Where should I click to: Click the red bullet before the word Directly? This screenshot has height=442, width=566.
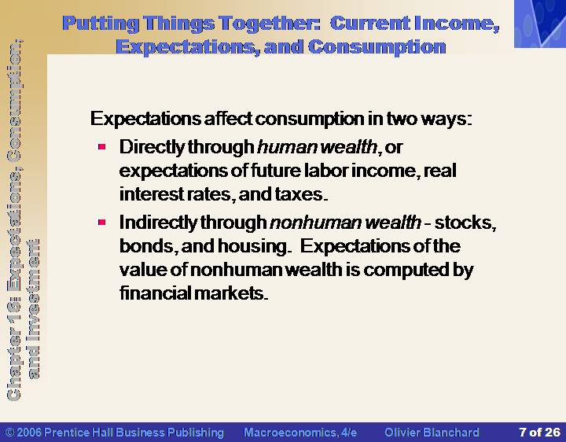point(101,146)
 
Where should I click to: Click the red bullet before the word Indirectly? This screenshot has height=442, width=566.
point(101,222)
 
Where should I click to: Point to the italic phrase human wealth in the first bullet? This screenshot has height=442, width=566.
point(318,147)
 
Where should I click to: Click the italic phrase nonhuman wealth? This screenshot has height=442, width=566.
point(345,222)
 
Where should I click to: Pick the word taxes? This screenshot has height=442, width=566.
point(301,194)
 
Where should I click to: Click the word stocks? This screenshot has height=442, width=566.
point(465,223)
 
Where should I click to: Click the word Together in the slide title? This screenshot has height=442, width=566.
point(270,24)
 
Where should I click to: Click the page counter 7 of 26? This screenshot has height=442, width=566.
point(539,432)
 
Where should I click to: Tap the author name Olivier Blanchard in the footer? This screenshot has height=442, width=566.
point(432,433)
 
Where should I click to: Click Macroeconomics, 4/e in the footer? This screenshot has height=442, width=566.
point(300,433)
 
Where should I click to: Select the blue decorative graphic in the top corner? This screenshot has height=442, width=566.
point(540,24)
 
